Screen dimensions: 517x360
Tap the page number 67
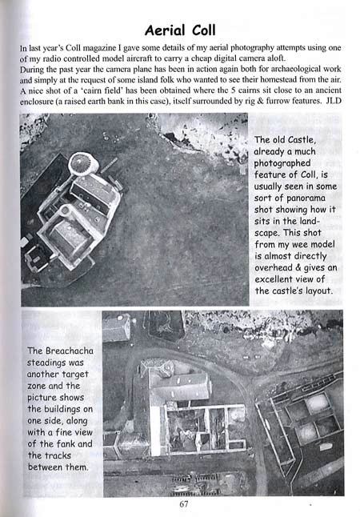[184, 504]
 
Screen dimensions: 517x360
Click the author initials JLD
[330, 102]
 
